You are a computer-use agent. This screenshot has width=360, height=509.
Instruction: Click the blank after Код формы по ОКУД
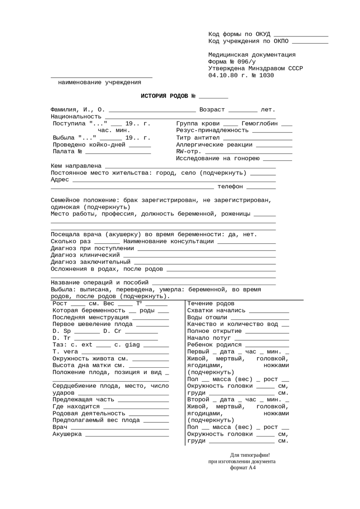point(301,34)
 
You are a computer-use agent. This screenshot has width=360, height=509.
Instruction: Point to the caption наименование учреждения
point(100,82)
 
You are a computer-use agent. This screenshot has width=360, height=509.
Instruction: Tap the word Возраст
point(212,110)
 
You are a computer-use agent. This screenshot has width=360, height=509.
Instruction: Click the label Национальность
point(76,117)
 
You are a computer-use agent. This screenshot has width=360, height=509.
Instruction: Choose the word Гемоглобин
point(260,123)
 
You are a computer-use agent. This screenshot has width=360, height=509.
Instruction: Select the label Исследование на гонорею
point(218,158)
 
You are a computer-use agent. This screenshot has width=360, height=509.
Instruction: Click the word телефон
point(230,187)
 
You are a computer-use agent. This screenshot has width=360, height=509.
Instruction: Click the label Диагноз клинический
point(85,255)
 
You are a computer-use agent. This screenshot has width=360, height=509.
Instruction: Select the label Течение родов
point(211,303)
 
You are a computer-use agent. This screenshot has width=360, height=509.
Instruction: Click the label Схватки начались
point(217,310)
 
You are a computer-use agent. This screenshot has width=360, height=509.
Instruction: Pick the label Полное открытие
point(215,331)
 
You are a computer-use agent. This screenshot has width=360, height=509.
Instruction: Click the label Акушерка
point(67,434)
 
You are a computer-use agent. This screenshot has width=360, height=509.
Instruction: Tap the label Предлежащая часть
point(84,400)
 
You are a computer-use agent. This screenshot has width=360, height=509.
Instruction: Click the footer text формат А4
point(243,468)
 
